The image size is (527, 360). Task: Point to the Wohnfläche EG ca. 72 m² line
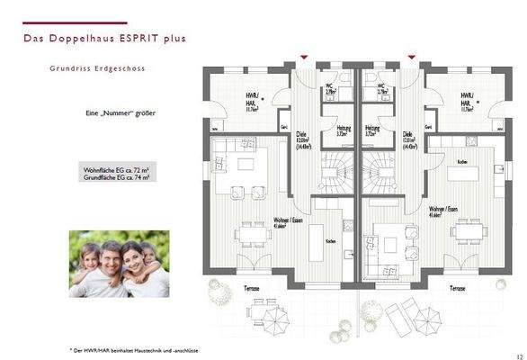(117, 169)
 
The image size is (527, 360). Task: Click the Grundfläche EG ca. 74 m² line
(117, 178)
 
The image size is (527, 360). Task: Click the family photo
(119, 263)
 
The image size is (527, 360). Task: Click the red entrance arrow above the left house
(306, 58)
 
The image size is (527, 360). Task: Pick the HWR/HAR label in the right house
(467, 98)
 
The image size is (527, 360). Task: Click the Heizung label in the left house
(344, 130)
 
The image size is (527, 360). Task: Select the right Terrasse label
(458, 287)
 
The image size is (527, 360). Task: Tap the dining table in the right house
(466, 232)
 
